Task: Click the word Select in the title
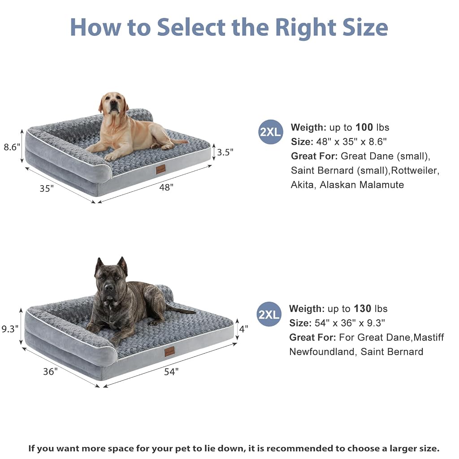coord(191,27)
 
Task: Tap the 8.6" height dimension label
coord(12,147)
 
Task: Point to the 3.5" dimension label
coord(225,152)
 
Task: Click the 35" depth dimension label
coord(47,189)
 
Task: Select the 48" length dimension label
coord(166,187)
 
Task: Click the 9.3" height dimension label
coord(10,329)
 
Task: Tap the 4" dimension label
coord(244,329)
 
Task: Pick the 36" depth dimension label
coord(50,372)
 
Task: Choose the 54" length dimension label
coord(171,372)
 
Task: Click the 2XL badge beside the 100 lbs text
coord(270,132)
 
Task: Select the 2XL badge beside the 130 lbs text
coord(269,314)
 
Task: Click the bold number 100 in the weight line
coord(364,127)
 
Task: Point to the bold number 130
coord(362,308)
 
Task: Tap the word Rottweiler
coord(415,170)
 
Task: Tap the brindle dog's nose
coord(109,287)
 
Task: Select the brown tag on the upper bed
coord(161,169)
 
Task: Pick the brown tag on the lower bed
coord(169,351)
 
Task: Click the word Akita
coord(303,185)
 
